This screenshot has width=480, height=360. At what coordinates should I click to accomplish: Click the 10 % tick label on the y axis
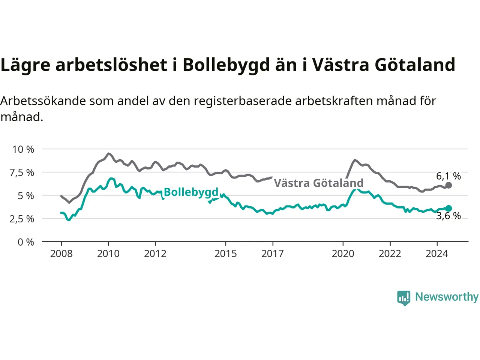[x=23, y=150]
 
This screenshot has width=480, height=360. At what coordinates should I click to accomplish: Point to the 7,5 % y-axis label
[x=22, y=173]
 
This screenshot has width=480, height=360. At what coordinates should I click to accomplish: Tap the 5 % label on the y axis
[x=26, y=196]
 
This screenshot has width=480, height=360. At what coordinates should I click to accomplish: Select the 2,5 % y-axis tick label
[x=22, y=219]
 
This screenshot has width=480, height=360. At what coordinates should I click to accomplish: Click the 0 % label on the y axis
[x=26, y=242]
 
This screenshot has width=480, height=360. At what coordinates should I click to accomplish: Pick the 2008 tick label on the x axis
[x=61, y=254]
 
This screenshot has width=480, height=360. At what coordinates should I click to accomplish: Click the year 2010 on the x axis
[x=108, y=254]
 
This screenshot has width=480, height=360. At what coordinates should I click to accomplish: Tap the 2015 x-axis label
[x=226, y=254]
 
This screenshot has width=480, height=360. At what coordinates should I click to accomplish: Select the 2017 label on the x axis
[x=273, y=254]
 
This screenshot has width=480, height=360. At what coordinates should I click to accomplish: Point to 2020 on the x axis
[x=343, y=254]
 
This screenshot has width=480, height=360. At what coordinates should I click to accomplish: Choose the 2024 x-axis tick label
[x=437, y=254]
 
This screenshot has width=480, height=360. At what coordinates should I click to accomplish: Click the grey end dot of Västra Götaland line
[x=448, y=185]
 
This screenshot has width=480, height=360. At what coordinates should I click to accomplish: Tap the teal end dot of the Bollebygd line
[x=448, y=208]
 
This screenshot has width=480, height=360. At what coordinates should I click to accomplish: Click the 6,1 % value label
[x=448, y=176]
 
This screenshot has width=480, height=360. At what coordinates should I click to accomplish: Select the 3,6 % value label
[x=448, y=216]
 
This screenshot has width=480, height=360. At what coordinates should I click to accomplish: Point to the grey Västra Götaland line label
[x=319, y=183]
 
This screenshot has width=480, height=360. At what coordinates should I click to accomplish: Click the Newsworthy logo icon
[x=403, y=298]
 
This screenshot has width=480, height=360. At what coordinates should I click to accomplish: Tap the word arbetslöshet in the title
[x=111, y=65]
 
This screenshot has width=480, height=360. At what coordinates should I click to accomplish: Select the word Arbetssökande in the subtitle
[x=43, y=101]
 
